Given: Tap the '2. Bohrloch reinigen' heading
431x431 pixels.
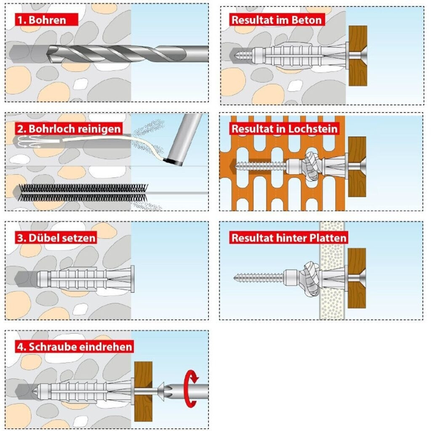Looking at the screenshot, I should coord(69,128).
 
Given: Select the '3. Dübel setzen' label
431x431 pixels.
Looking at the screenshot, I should coord(56,237).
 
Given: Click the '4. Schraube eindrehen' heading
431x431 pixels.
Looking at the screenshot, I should coord(75,346).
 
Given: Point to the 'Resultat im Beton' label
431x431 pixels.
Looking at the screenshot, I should coord(277,19).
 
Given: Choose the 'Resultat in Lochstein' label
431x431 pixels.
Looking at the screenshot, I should coord(284,128).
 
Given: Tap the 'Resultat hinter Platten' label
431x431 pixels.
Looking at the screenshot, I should coord(289,238).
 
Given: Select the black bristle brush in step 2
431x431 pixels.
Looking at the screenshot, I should coord(82,192).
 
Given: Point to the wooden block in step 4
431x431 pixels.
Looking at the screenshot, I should coord(143,391).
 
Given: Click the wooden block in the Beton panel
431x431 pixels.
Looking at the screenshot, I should coord(358,56).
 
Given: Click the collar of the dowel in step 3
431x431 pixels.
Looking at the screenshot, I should coord(132,279).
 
